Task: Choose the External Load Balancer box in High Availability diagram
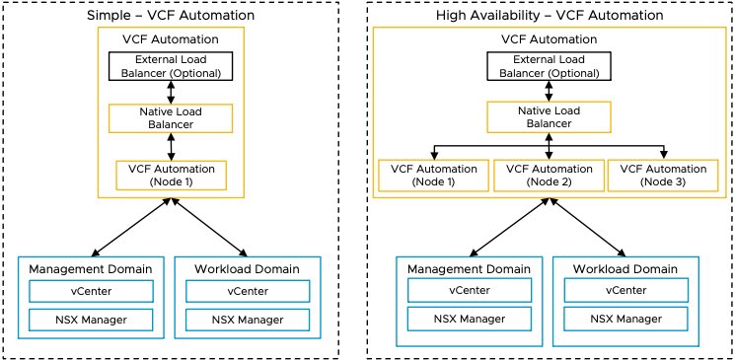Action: (x=549, y=66)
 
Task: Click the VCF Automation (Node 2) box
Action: (x=549, y=176)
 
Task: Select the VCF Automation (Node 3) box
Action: (x=663, y=176)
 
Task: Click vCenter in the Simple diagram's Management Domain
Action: (x=91, y=292)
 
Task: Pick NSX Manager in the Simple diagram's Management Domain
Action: (x=91, y=320)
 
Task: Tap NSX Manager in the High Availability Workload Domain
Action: (x=624, y=320)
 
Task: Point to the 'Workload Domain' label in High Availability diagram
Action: (x=624, y=269)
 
